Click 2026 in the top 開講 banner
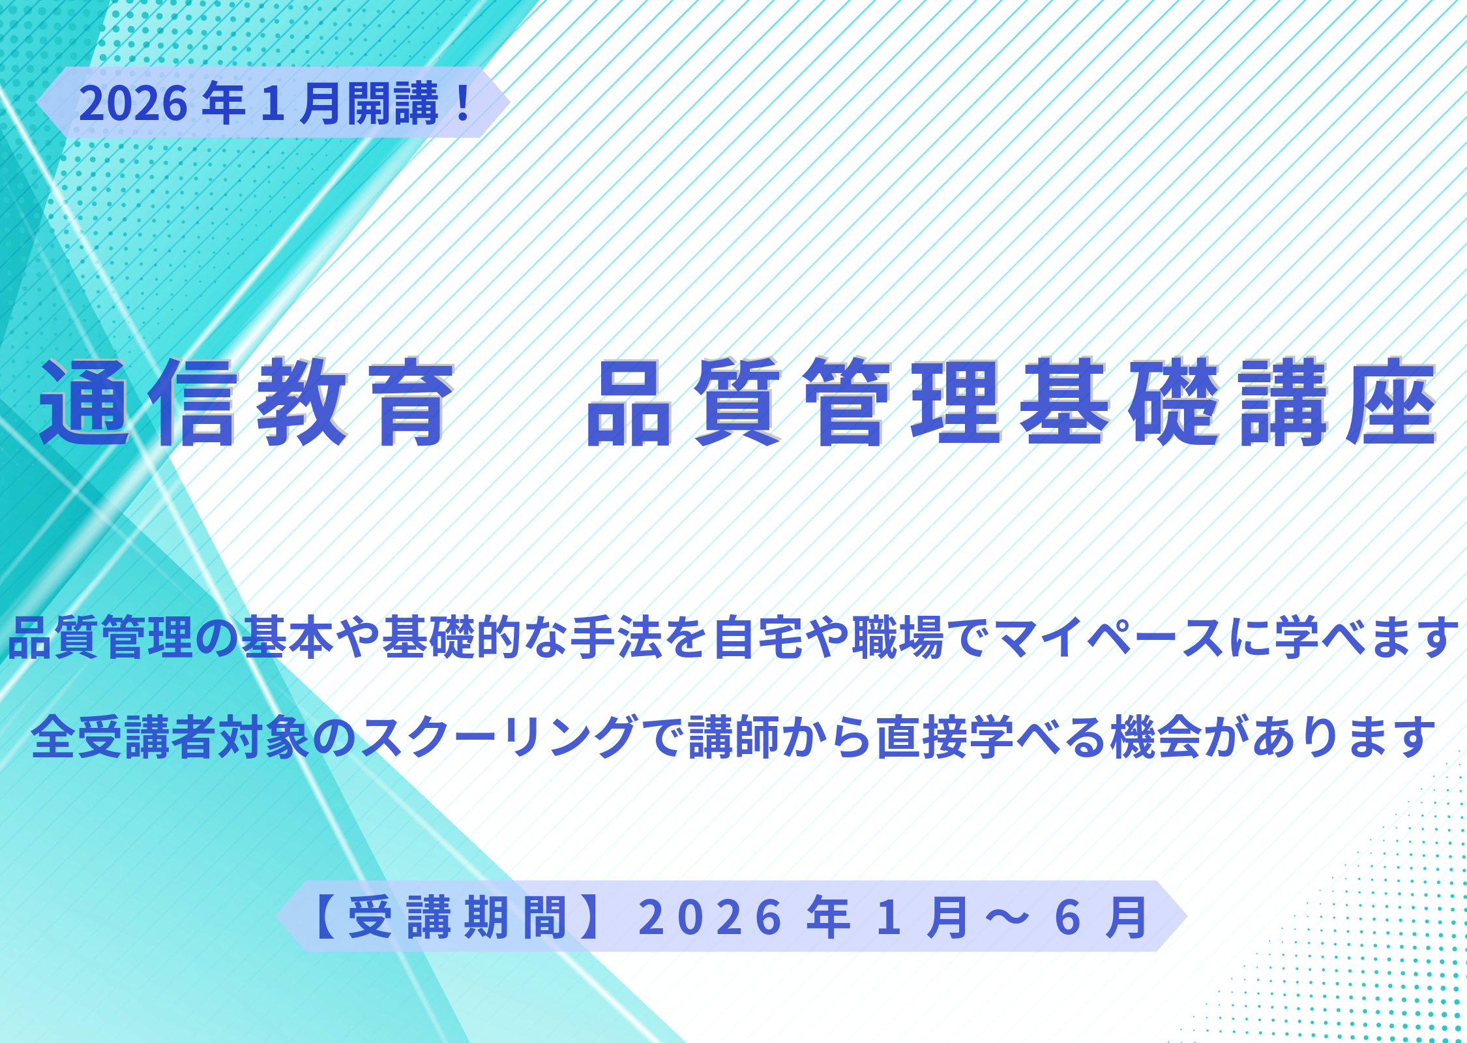(134, 103)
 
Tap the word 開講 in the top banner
(393, 103)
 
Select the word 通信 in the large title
(138, 402)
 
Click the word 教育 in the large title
(355, 402)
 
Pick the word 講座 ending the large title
(1338, 402)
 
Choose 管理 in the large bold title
(902, 402)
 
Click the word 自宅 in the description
(759, 637)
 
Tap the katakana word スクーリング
(499, 738)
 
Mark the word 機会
(1157, 738)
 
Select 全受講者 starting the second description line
(124, 738)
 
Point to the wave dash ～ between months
(1007, 918)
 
